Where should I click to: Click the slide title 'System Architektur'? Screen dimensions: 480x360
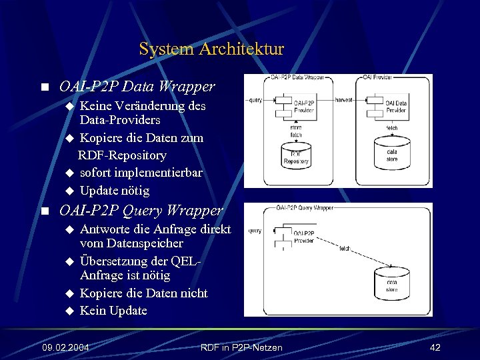(211, 49)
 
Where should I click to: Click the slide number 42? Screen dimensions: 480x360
(435, 347)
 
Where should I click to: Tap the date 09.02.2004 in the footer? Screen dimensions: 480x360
(66, 347)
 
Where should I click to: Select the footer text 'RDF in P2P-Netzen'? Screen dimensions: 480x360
(241, 347)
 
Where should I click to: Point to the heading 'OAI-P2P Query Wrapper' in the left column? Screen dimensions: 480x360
(141, 211)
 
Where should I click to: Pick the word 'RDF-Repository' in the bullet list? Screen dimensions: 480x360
(122, 155)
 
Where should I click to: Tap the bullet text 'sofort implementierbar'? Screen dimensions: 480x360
(141, 173)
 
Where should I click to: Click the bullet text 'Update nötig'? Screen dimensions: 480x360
(114, 191)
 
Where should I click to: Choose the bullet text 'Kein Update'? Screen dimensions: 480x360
(113, 311)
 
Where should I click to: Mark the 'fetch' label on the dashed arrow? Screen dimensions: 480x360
(344, 248)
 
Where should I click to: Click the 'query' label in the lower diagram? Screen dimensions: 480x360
(255, 231)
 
